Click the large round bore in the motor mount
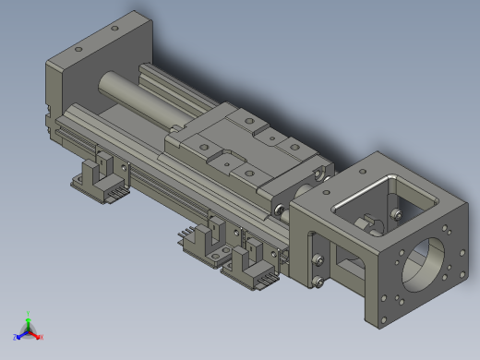coord(427,262)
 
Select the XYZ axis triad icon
coord(29,329)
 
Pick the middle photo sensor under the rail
coord(208,236)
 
